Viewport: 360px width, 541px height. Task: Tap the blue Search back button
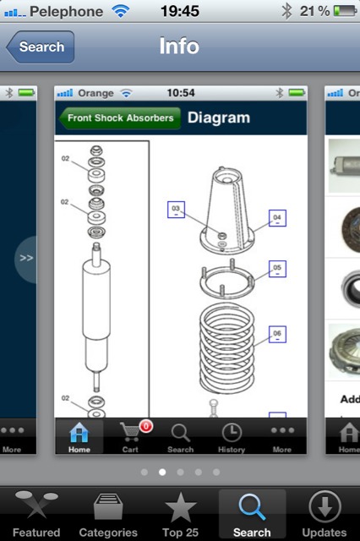[41, 46]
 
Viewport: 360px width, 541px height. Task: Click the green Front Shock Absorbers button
[120, 118]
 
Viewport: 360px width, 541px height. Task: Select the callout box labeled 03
[176, 210]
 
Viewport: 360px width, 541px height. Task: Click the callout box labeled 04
[277, 218]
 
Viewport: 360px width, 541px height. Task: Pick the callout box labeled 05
[277, 269]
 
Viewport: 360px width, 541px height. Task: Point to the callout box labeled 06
[277, 335]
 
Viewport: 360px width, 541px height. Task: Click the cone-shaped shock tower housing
[227, 210]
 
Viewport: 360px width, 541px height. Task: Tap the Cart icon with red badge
[131, 436]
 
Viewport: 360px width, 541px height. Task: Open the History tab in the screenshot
[232, 438]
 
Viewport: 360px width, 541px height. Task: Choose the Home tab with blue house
[79, 437]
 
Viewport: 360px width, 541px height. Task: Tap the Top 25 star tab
[180, 514]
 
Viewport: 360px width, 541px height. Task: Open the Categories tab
[108, 514]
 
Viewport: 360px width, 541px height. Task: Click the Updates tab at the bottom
[325, 514]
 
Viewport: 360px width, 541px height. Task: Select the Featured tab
[36, 514]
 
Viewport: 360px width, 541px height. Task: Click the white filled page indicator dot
[162, 472]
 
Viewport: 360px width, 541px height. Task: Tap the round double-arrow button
[26, 259]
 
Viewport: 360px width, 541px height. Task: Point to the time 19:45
[180, 11]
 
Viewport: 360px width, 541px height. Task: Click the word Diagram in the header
[219, 118]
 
